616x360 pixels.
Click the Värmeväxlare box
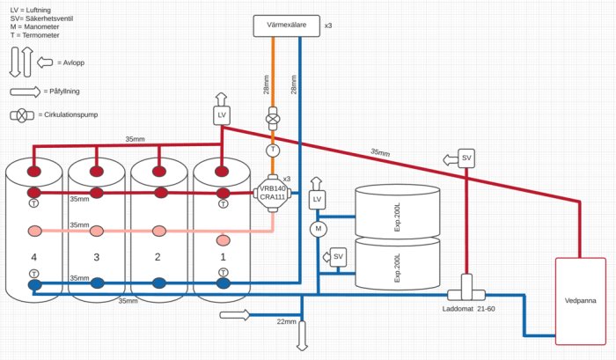(x=286, y=26)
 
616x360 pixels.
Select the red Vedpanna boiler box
(x=580, y=300)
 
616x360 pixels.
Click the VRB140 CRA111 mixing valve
(x=272, y=192)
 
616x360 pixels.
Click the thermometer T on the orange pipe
(x=273, y=151)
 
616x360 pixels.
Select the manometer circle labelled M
(x=318, y=229)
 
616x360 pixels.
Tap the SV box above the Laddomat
(x=467, y=158)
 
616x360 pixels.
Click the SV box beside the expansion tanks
(x=337, y=256)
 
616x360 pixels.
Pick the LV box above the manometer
(x=318, y=200)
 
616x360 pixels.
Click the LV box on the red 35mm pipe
(x=221, y=115)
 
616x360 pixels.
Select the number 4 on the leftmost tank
(x=33, y=256)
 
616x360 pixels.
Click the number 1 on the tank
(x=223, y=256)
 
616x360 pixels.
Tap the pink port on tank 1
(x=223, y=239)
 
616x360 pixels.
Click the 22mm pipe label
(x=287, y=322)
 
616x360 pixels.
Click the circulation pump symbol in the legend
(x=19, y=115)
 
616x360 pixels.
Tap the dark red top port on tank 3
(x=97, y=171)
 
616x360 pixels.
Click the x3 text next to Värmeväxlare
(x=328, y=26)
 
